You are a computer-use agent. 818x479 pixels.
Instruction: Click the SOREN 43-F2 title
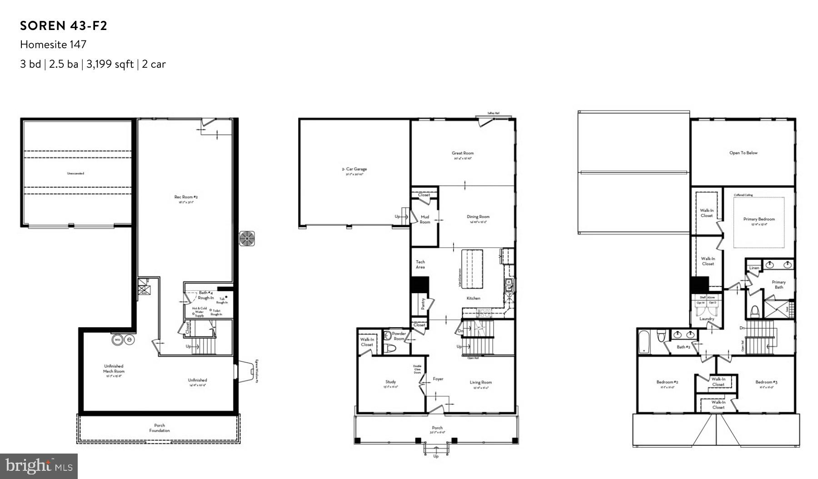[x=64, y=26]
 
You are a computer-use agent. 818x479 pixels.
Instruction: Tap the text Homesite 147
[x=53, y=45]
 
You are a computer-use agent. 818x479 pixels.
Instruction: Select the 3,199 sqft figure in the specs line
[x=108, y=64]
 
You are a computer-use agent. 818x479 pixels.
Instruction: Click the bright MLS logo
[x=39, y=466]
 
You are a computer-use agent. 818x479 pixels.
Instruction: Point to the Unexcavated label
[x=75, y=173]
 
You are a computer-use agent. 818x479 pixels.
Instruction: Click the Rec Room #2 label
[x=186, y=197]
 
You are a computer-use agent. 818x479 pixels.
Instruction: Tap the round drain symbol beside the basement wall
[x=247, y=239]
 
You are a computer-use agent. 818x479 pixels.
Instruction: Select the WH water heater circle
[x=117, y=339]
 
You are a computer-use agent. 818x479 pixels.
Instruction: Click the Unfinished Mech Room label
[x=114, y=369]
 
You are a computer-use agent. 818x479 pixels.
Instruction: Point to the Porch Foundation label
[x=160, y=428]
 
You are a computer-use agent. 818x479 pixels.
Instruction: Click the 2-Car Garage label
[x=354, y=169]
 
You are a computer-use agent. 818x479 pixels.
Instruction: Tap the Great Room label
[x=463, y=153]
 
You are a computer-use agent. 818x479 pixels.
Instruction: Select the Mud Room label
[x=424, y=220]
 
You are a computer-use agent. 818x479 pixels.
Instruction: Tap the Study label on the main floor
[x=390, y=382]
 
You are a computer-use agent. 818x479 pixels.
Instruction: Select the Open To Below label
[x=743, y=153]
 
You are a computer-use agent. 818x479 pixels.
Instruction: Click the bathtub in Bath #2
[x=643, y=342]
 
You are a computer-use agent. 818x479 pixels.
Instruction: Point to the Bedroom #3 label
[x=766, y=382]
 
